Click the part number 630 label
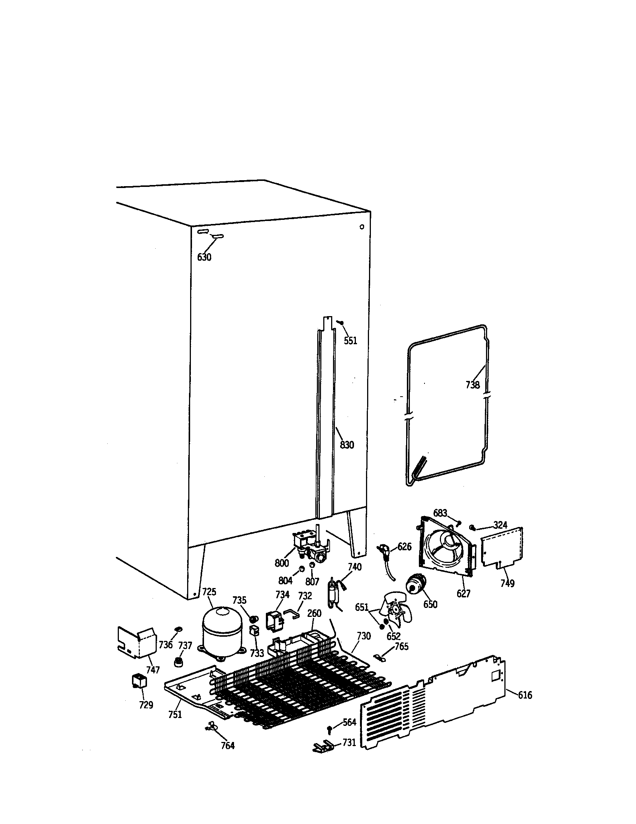204,257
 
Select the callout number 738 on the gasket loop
472,385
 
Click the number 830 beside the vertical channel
347,445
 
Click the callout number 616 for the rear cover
525,695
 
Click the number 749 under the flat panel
507,583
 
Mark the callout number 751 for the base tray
175,714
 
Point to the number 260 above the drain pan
314,613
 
